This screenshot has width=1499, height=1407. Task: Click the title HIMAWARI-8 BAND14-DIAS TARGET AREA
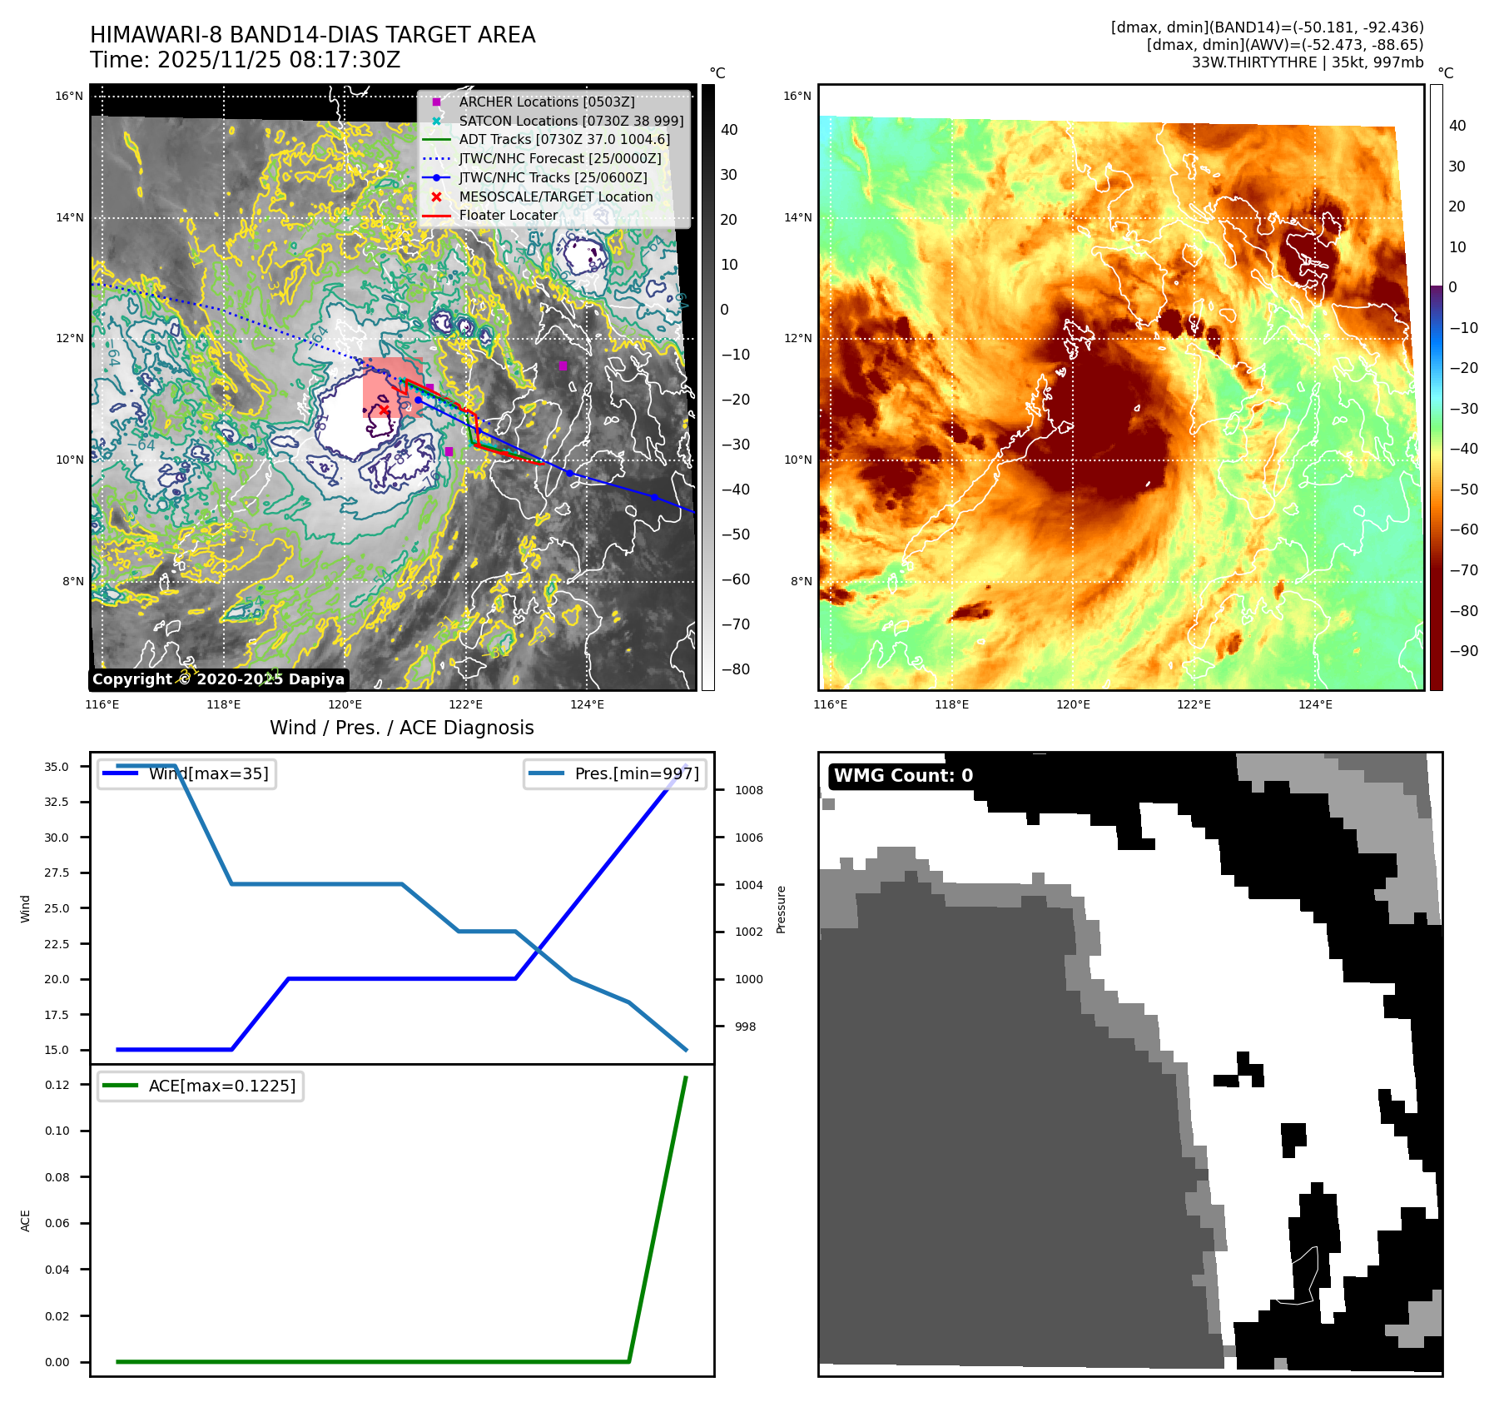[312, 35]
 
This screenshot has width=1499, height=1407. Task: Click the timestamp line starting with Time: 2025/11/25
[245, 60]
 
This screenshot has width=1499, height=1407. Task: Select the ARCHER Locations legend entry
[546, 102]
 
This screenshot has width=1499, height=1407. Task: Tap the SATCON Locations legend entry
[570, 121]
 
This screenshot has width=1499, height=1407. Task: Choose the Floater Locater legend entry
[508, 215]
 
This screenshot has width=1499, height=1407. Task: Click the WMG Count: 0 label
[903, 776]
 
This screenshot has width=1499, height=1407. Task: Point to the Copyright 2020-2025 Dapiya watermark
[218, 679]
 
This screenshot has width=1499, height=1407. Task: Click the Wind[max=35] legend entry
[208, 774]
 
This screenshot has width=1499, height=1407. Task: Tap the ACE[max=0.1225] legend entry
[221, 1086]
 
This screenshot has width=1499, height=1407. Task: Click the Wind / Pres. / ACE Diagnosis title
[401, 728]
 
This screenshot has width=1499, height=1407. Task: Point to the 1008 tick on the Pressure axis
[748, 790]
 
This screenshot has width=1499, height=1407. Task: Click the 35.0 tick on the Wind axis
[57, 767]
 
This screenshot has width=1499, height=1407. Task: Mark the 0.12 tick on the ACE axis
[57, 1085]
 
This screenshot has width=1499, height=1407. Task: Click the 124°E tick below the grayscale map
[587, 704]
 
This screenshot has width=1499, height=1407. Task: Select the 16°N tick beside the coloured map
[797, 96]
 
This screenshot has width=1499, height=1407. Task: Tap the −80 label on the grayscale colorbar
[734, 669]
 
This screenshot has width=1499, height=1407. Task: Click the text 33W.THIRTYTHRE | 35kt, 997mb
[1307, 62]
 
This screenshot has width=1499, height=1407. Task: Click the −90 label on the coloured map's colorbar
[1463, 651]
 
